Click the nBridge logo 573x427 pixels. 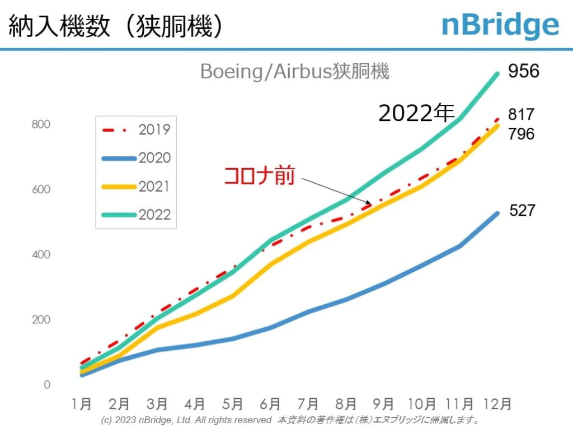500,25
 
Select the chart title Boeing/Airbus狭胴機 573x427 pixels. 294,72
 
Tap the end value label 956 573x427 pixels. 523,71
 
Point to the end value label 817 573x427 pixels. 521,114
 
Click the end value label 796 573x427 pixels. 521,134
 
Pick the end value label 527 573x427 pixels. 522,211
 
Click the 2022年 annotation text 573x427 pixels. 416,113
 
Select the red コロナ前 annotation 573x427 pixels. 259,175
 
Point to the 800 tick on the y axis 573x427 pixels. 40,124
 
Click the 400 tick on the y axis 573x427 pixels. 40,254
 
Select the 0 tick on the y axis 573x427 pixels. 46,385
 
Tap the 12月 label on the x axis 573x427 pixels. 497,404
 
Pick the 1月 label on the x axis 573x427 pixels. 82,404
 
